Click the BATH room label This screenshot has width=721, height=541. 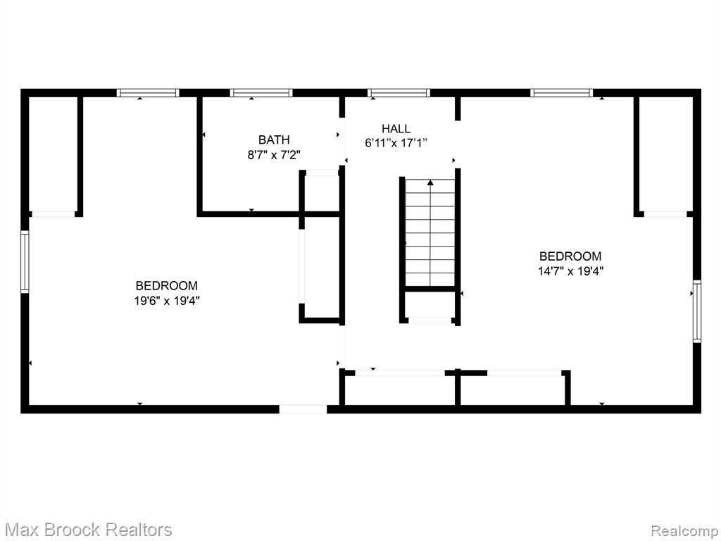(274, 139)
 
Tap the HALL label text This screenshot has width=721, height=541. (396, 128)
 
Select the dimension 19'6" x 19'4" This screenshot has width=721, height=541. (167, 301)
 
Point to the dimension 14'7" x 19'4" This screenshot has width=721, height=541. (570, 271)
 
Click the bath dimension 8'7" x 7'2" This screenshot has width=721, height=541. (274, 154)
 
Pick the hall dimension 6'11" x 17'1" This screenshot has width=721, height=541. (396, 143)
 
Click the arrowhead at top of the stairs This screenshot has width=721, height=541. (430, 182)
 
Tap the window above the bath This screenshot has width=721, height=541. (261, 93)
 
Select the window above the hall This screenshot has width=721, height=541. (399, 93)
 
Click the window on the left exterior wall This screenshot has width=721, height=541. (25, 262)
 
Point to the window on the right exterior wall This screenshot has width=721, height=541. (697, 311)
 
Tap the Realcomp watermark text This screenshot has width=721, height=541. (684, 530)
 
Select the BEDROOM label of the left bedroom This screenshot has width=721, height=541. (167, 286)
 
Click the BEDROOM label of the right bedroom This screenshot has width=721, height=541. (570, 256)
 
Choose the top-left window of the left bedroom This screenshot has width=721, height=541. (148, 93)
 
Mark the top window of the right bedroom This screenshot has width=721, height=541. (561, 93)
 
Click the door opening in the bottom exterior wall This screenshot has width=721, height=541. (303, 409)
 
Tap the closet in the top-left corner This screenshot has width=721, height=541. (53, 154)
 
